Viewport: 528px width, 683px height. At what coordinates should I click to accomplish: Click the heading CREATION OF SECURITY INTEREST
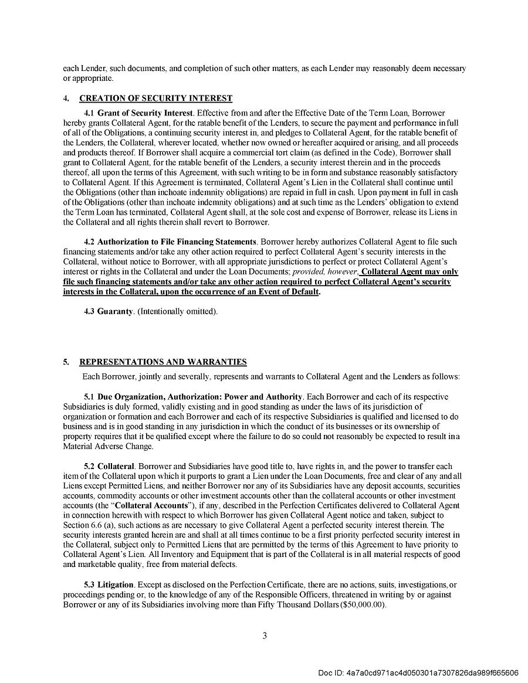tap(155, 98)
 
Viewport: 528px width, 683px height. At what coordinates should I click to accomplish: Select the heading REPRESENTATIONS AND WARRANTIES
tap(163, 362)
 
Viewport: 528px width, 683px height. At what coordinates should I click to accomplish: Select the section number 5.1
tap(90, 397)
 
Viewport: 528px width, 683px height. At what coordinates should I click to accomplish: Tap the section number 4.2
tap(90, 242)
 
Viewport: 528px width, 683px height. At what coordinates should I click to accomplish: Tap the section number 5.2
tap(90, 466)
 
